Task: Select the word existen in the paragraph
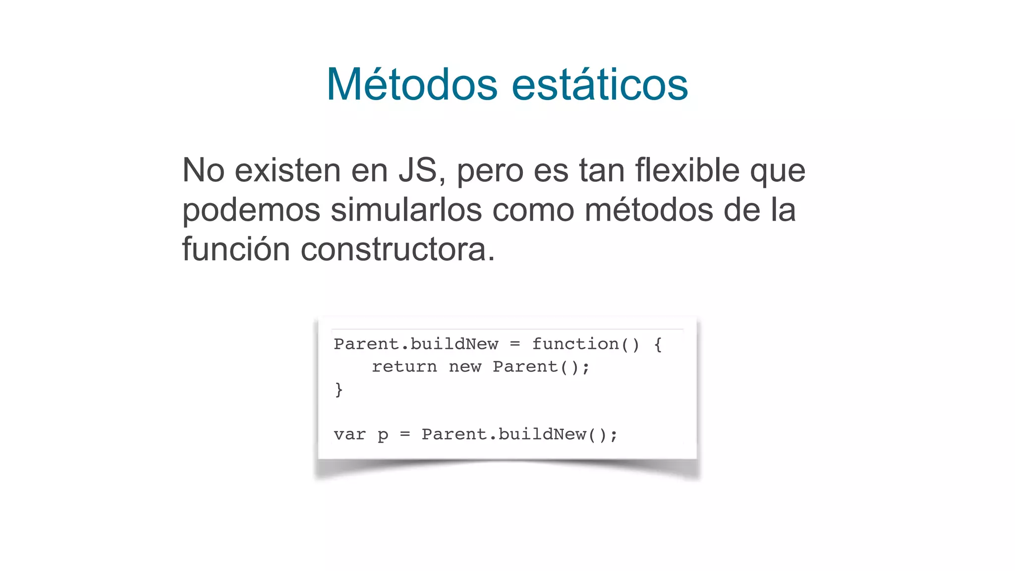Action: click(288, 171)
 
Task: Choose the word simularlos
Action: click(406, 210)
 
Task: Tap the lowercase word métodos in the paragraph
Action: click(649, 210)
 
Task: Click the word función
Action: click(236, 249)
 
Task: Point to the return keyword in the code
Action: click(404, 367)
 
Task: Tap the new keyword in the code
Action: click(465, 367)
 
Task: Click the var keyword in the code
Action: click(350, 435)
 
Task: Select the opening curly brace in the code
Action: click(658, 344)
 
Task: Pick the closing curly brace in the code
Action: click(339, 390)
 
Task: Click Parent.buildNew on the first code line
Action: click(416, 344)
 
